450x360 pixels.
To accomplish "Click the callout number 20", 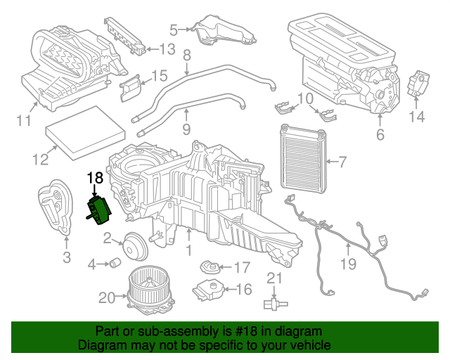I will [x=106, y=298].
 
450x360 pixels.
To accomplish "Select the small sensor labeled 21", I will [x=274, y=304].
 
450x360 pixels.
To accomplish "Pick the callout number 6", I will [x=380, y=132].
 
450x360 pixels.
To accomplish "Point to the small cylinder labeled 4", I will [x=113, y=264].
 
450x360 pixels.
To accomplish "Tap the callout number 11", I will [x=24, y=121].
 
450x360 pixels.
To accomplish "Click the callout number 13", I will [x=167, y=49].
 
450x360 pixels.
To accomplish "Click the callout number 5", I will [x=174, y=30].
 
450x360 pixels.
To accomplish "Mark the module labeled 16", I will [x=209, y=289].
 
